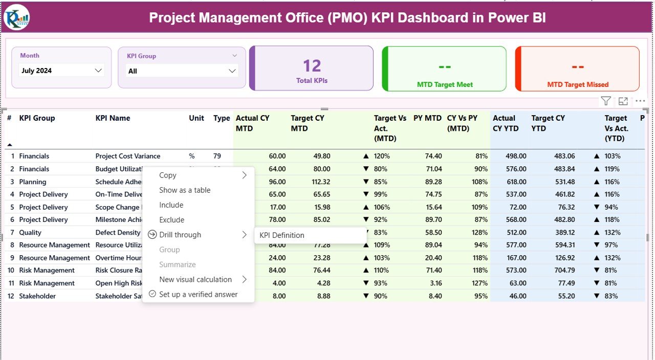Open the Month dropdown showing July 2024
coord(61,71)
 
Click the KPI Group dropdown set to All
coord(182,71)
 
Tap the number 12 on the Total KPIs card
coord(312,66)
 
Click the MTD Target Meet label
coord(445,84)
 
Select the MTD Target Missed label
coord(578,84)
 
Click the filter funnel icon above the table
coord(606,101)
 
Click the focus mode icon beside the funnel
coord(623,101)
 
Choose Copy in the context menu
coord(168,175)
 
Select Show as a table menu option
coord(185,190)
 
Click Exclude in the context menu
coord(171,220)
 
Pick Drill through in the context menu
coord(180,235)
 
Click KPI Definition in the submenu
coord(282,235)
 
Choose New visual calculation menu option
coord(195,279)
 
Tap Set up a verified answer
coord(198,294)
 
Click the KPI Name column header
coord(113,118)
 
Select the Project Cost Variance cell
coord(127,156)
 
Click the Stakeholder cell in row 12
coord(37,296)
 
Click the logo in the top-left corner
coord(16,17)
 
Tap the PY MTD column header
coord(427,118)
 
